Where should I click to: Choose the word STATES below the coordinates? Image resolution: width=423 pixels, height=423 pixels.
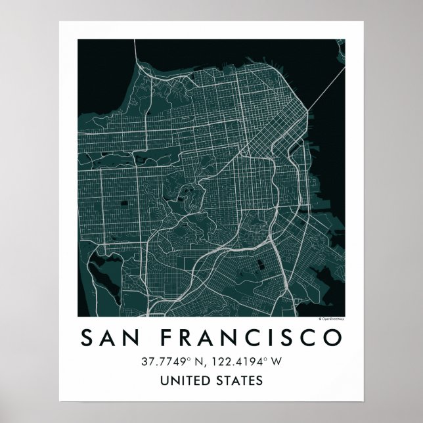click(240, 380)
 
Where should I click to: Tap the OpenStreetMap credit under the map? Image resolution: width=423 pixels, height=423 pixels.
click(331, 318)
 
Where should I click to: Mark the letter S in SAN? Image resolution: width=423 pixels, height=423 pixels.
click(88, 338)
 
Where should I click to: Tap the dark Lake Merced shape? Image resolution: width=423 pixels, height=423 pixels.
click(99, 269)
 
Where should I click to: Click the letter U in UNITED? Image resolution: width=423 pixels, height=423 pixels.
click(164, 380)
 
